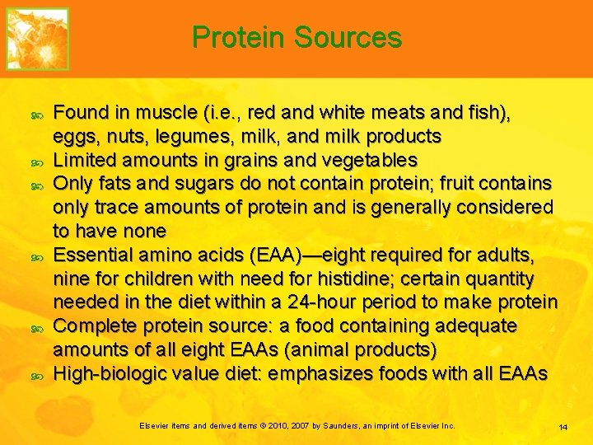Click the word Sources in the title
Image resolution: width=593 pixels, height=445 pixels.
[x=348, y=38]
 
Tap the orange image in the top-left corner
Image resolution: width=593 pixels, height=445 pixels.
[x=37, y=39]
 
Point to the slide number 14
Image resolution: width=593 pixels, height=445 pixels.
[x=563, y=427]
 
